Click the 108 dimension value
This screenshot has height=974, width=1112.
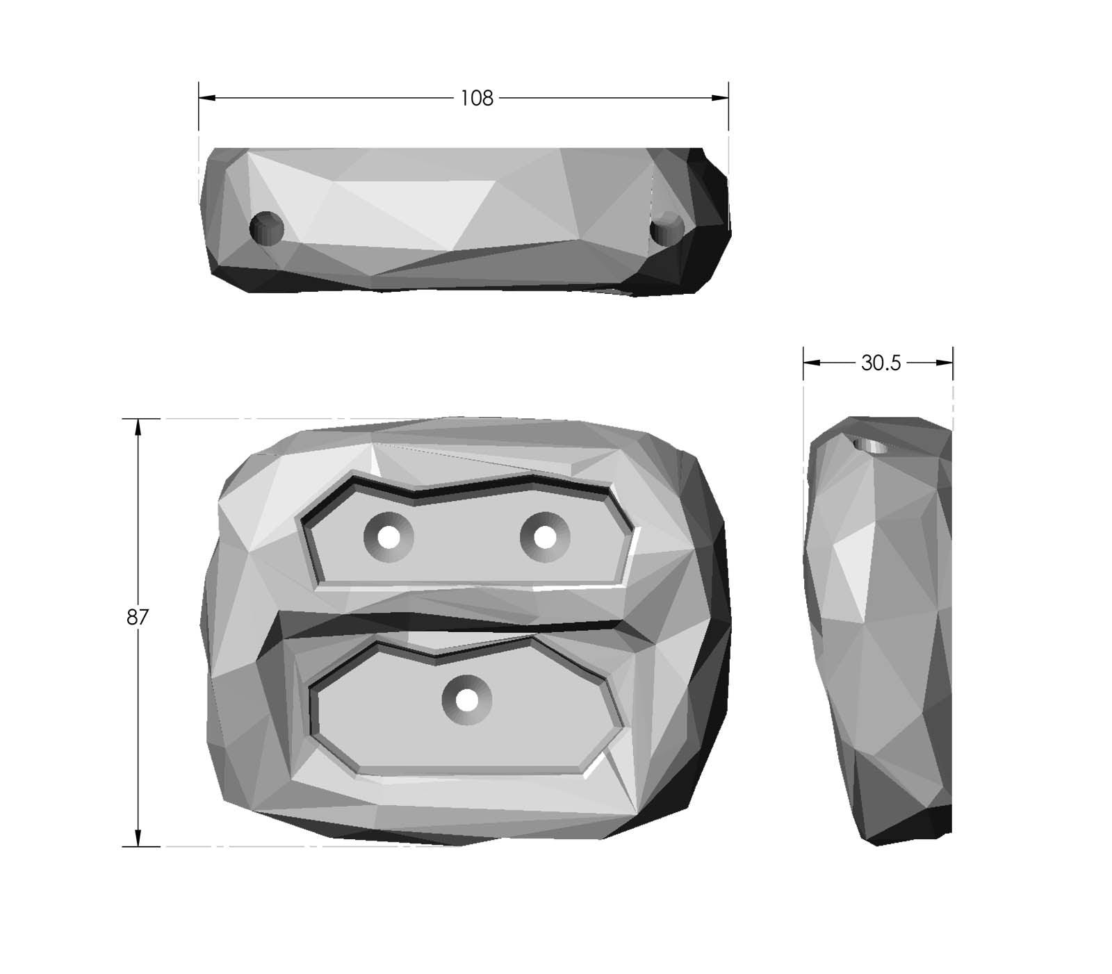[477, 99]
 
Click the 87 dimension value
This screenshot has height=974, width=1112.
[137, 617]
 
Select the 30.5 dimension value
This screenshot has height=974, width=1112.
[881, 363]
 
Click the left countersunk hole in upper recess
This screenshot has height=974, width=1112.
[389, 537]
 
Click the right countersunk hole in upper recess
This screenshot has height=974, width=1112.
[545, 537]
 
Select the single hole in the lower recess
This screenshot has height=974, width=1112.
[467, 700]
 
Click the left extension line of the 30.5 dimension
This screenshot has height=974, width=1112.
[803, 389]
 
